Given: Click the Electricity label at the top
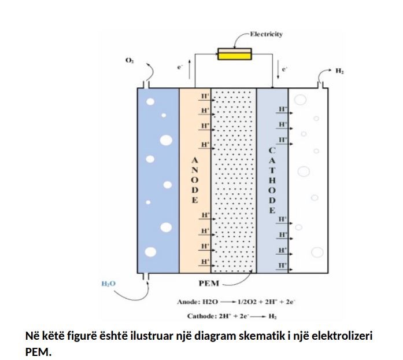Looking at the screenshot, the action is (x=267, y=34).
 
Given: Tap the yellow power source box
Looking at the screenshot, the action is (x=235, y=54).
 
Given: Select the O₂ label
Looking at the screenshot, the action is (x=130, y=60).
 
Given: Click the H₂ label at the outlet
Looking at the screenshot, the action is (x=339, y=71).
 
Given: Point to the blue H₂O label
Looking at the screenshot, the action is (x=109, y=284).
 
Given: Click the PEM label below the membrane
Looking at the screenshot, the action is (x=209, y=284).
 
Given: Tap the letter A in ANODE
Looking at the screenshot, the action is (x=195, y=160).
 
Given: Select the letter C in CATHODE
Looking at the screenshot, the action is (x=272, y=150).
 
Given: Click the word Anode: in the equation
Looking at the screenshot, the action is (x=188, y=302).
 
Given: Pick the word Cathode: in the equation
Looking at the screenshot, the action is (x=202, y=316).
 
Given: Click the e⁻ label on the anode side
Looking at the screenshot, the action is (x=180, y=67).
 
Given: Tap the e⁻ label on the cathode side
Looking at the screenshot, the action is (x=284, y=69).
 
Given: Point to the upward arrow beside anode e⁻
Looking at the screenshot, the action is (x=190, y=69).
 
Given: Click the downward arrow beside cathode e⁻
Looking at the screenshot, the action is (x=278, y=69).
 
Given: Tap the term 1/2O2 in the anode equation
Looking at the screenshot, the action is (x=247, y=302).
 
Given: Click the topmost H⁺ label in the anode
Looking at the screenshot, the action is (x=205, y=96).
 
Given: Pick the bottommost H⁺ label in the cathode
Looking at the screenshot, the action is (x=283, y=265).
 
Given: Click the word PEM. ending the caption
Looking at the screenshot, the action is (x=38, y=352).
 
